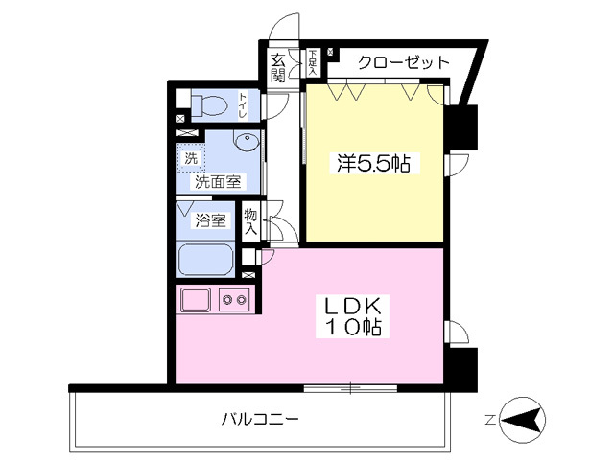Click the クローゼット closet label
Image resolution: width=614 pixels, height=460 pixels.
coord(403,63)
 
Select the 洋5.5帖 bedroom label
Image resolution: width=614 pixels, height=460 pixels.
coord(372,164)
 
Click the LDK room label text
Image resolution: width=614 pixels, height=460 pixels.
coord(352,307)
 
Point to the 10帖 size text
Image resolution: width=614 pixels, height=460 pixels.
coord(353,328)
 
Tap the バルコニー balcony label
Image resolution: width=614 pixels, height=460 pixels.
coord(260,419)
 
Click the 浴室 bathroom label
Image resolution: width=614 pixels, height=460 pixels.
coord(211,221)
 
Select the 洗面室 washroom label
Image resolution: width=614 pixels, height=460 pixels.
coord(218,180)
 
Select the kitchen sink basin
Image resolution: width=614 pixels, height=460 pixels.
coord(197,301)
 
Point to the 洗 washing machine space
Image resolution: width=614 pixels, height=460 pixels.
coord(191,158)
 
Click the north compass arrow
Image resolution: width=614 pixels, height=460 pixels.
coord(523,420)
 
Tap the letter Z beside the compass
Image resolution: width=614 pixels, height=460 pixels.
coord(489,420)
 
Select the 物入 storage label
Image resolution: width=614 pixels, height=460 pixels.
coord(251,221)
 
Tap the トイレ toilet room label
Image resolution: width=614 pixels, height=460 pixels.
coord(244,103)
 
